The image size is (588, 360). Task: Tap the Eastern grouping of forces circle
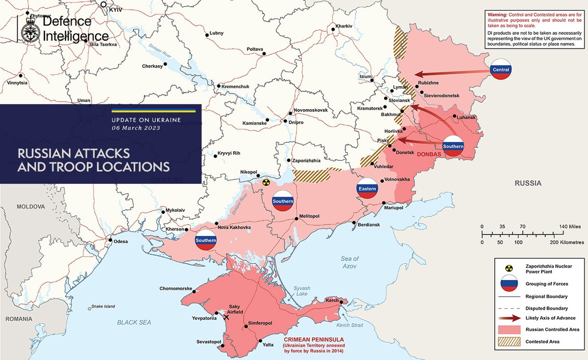click(367, 189)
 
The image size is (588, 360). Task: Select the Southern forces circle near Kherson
click(205, 240)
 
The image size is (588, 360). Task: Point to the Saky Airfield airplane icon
click(226, 316)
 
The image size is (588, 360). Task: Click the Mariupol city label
click(393, 208)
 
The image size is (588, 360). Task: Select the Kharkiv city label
click(344, 25)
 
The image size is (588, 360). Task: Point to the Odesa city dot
click(111, 240)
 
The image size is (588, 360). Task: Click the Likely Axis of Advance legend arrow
click(510, 319)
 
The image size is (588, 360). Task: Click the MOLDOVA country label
click(30, 207)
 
